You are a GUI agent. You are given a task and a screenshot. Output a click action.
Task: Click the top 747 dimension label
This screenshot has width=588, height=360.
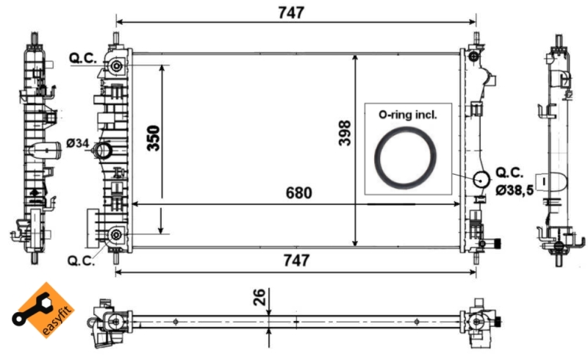click(291, 12)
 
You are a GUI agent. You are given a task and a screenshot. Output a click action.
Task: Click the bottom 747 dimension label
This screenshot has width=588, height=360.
click(291, 260)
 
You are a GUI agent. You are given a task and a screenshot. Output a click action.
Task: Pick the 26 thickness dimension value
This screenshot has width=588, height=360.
click(258, 298)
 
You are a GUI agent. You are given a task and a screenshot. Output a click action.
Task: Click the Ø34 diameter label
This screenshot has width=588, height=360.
click(77, 143)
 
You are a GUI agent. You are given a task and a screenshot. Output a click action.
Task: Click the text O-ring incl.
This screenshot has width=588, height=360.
click(407, 115)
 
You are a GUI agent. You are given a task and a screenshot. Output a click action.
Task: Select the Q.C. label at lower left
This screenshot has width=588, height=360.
click(80, 260)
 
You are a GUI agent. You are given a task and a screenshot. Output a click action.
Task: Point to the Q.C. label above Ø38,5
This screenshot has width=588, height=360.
click(509, 173)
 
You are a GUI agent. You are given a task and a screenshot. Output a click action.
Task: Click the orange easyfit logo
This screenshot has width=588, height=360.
click(40, 314)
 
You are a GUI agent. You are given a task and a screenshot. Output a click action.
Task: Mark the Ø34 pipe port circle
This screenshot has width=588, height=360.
click(103, 151)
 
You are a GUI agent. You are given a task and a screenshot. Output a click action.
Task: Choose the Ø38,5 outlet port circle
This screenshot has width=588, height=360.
click(481, 179)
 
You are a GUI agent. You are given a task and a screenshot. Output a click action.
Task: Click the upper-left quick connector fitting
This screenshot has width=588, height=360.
click(116, 67)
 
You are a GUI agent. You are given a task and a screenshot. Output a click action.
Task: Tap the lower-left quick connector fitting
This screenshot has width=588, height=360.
click(115, 235)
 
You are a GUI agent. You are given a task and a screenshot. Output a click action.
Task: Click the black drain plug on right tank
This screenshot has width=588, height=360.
click(496, 244)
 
